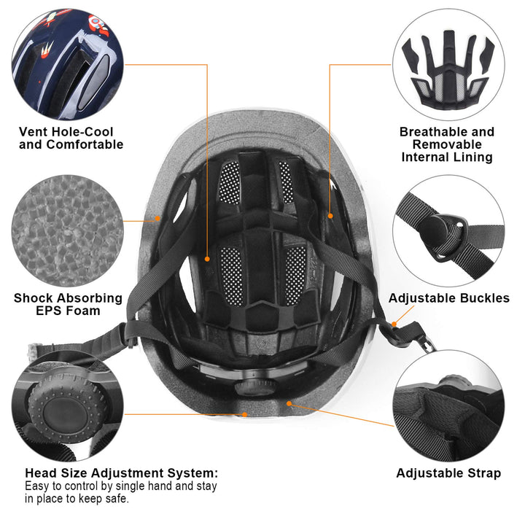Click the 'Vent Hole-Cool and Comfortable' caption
[71, 138]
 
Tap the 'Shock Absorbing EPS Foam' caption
[68, 304]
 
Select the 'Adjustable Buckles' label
[448, 298]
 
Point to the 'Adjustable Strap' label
[448, 473]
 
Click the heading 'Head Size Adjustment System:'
[121, 472]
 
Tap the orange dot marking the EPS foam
[157, 218]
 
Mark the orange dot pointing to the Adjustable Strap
[289, 402]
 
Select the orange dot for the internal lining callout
[330, 216]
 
